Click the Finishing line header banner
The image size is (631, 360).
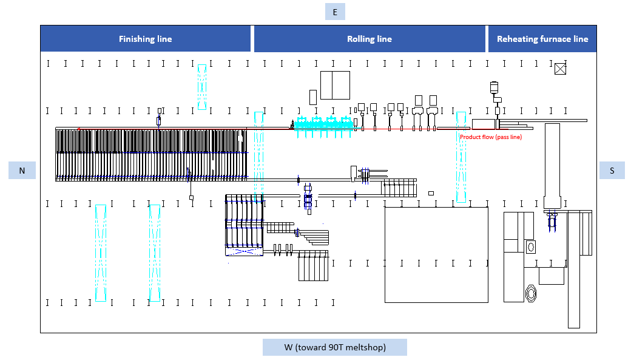[x=145, y=39]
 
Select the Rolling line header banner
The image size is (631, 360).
[x=369, y=39]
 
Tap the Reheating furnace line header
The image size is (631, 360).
[x=542, y=39]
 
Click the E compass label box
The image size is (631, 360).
[x=335, y=12]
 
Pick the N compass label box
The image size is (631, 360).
[x=22, y=171]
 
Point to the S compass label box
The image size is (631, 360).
[x=612, y=171]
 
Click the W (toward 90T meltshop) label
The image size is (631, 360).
[x=335, y=347]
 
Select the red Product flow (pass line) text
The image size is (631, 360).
[x=491, y=137]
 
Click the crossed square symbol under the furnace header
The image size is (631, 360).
[x=560, y=69]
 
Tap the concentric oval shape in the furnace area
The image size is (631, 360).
[x=531, y=293]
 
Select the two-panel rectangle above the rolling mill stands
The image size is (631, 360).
[x=335, y=85]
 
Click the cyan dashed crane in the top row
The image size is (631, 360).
[x=202, y=87]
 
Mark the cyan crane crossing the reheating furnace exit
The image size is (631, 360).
[x=461, y=157]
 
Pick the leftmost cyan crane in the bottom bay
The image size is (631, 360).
[x=101, y=253]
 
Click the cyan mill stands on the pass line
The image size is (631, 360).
[x=324, y=126]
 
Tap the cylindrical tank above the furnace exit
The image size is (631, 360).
[x=494, y=87]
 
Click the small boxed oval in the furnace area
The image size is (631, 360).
[x=531, y=247]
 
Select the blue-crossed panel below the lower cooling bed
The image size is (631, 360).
[x=244, y=252]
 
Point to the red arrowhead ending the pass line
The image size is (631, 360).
[x=79, y=129]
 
